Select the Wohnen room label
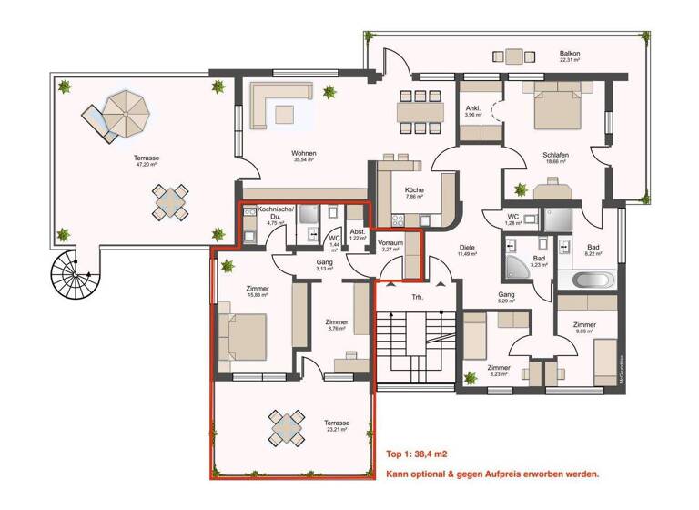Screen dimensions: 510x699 (x=303, y=154)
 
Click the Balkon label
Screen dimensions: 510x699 (x=571, y=54)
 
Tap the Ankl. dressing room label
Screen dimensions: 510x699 (x=473, y=108)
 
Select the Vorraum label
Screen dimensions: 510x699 (x=391, y=243)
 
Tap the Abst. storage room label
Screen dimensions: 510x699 (x=358, y=232)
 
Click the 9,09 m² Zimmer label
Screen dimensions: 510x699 (x=583, y=326)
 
